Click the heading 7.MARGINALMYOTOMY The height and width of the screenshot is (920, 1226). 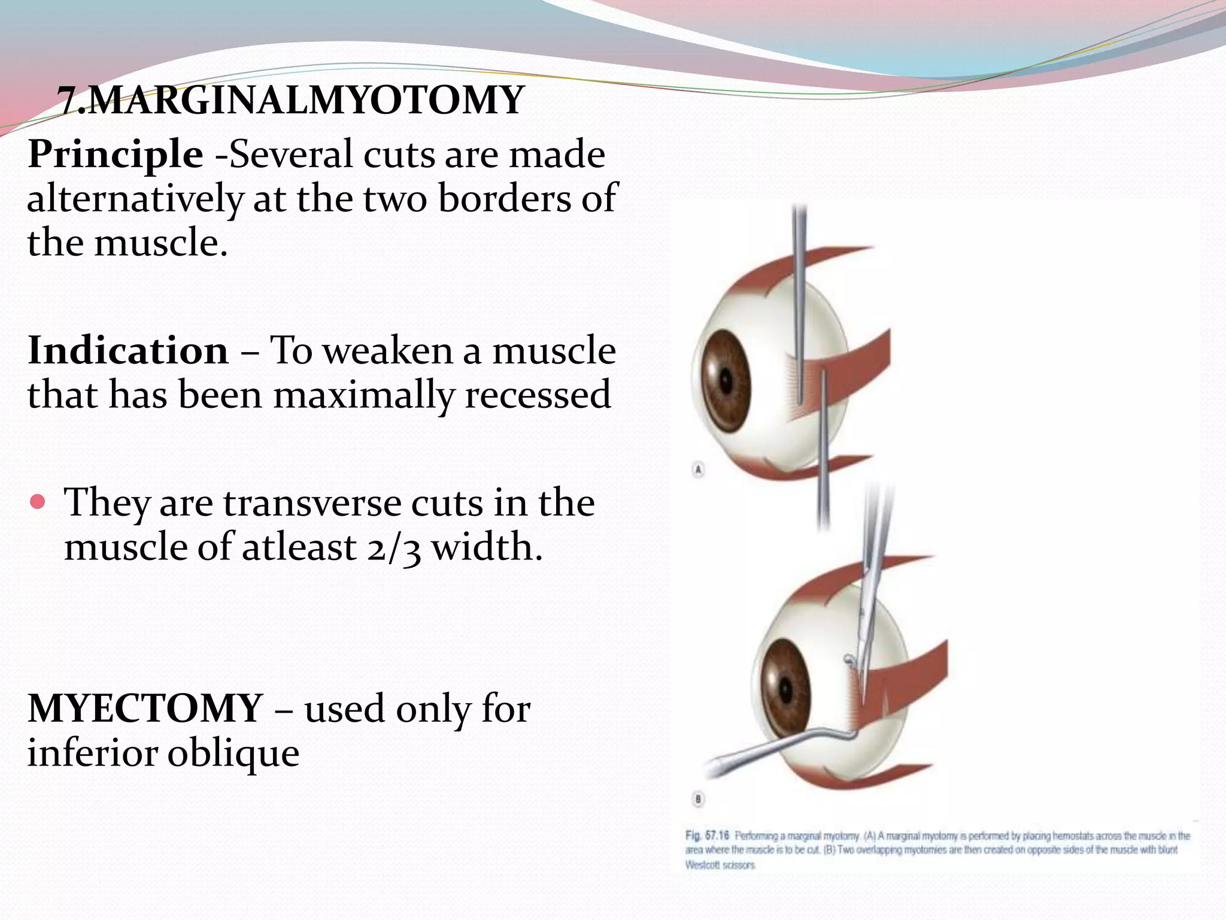pos(291,100)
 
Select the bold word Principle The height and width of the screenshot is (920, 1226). pos(116,154)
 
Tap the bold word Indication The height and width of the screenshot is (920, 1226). pos(128,350)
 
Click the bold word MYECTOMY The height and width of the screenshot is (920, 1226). pos(145,709)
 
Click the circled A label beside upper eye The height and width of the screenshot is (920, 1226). pos(698,470)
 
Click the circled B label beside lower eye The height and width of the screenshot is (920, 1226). pos(698,799)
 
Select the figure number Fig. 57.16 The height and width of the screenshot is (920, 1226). pos(707,836)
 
